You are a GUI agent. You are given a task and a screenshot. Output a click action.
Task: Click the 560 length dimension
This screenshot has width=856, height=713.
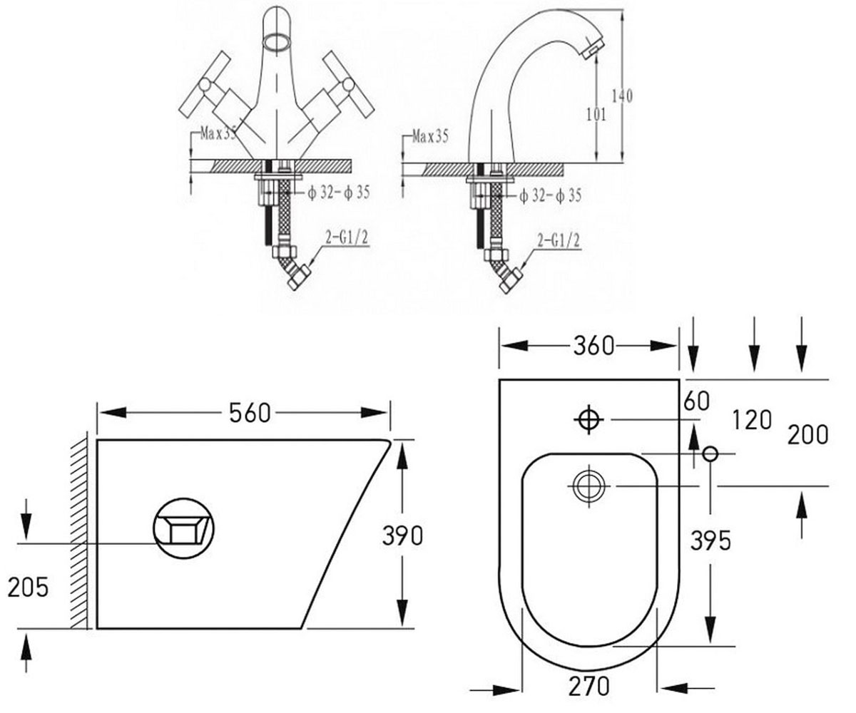click(x=250, y=413)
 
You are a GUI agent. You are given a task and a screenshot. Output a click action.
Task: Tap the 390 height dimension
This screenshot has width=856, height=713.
click(x=402, y=535)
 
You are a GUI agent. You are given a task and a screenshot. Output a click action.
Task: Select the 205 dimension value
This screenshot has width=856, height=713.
click(x=28, y=587)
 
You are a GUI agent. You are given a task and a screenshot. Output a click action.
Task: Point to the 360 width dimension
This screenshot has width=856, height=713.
click(x=593, y=345)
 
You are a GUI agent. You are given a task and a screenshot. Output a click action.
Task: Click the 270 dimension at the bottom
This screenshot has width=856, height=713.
click(x=588, y=686)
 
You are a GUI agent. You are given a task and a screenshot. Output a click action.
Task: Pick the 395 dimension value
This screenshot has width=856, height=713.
click(x=710, y=540)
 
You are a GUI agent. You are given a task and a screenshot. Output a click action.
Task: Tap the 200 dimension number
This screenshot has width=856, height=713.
click(x=807, y=435)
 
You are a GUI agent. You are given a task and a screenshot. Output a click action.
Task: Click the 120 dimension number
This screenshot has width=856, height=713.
click(x=751, y=420)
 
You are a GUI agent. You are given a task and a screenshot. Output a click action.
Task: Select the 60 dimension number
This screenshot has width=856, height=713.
click(x=696, y=401)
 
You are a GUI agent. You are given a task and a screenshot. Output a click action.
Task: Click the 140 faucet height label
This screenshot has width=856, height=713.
click(x=622, y=96)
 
